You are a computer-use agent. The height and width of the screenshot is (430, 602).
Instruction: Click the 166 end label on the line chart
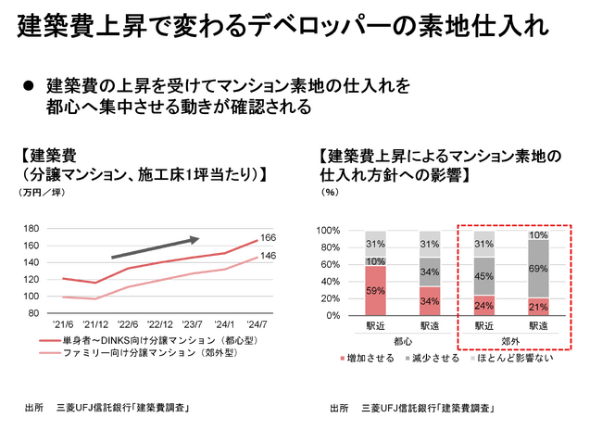[269, 238]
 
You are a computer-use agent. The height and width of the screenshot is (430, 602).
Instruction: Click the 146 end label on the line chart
[269, 256]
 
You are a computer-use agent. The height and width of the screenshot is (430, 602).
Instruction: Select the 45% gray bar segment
[483, 275]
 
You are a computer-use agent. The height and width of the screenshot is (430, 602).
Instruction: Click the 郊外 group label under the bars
[510, 340]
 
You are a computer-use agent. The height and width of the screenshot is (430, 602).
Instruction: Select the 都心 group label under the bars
[402, 340]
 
